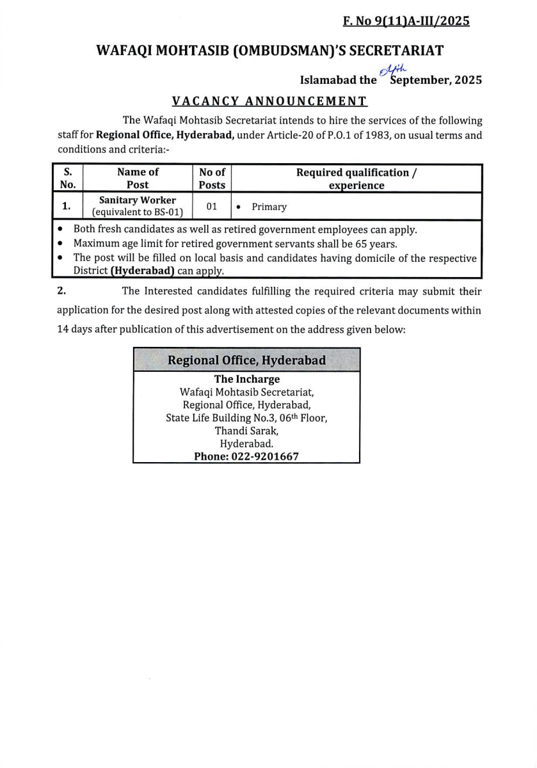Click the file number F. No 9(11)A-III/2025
point(406,21)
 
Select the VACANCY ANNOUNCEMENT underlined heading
point(269,101)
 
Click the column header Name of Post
point(138,179)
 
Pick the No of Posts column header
point(212,179)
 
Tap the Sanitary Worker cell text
point(138,200)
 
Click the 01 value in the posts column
point(212,207)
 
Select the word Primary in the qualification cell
point(269,207)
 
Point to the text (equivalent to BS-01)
point(138,212)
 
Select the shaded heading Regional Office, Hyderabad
point(246,360)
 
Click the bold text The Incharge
point(246,380)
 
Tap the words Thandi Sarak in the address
point(246,431)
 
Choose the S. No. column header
point(67,179)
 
